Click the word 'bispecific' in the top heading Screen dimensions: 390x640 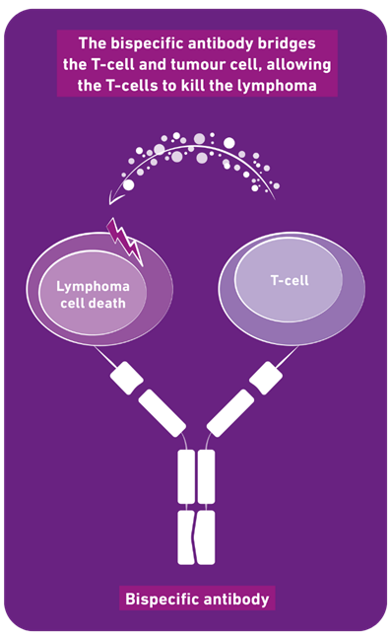pos(148,43)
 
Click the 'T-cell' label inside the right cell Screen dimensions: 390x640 pos(290,280)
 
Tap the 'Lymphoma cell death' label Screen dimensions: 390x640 pos(93,295)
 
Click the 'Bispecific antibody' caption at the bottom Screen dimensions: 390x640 pos(197,599)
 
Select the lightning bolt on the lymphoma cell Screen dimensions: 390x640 pos(125,242)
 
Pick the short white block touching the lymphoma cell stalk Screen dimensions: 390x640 pos(126,378)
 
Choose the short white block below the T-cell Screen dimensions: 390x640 pos(266,378)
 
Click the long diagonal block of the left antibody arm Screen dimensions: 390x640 pos(162,413)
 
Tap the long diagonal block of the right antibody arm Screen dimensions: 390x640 pos(230,413)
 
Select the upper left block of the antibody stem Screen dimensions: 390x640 pos(186,476)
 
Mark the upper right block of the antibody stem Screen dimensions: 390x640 pos(206,476)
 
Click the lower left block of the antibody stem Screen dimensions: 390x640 pos(186,537)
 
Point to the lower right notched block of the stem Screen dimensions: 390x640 pos(206,537)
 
